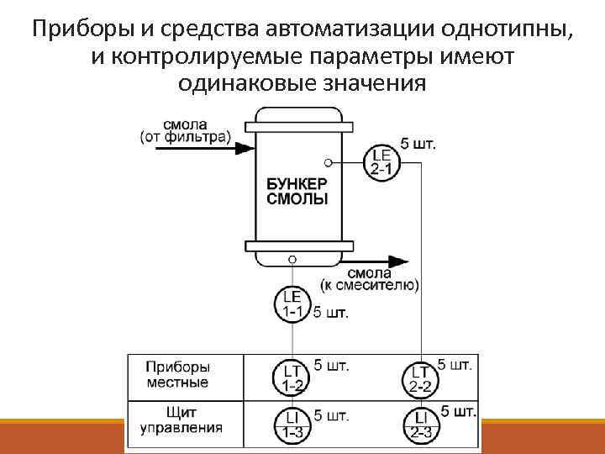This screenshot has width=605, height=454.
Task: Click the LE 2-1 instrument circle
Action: tap(381, 161)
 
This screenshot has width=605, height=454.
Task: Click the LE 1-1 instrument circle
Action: tap(292, 305)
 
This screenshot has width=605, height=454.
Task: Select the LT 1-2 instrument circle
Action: tap(292, 378)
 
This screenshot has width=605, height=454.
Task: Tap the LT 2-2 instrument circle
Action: tap(421, 378)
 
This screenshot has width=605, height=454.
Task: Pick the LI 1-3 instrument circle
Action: tap(292, 425)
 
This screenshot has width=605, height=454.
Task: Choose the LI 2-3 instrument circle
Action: tap(421, 425)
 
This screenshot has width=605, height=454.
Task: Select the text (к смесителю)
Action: tap(370, 285)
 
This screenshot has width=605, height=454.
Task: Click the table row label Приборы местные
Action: tap(177, 375)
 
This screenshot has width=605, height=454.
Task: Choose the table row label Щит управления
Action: tap(177, 420)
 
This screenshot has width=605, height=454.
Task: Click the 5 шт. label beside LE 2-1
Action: tap(418, 143)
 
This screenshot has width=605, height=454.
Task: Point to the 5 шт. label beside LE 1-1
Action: tap(330, 314)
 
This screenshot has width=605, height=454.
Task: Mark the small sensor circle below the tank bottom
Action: tap(292, 260)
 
